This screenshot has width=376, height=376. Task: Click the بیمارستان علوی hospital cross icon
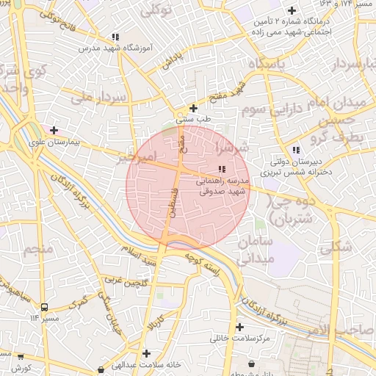point(53,131)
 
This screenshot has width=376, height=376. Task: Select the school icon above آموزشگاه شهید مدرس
point(115,37)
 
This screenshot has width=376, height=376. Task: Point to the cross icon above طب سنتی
point(193,108)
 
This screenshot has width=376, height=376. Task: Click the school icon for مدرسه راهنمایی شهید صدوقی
point(223,170)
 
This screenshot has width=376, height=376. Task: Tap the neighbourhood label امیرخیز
point(137,157)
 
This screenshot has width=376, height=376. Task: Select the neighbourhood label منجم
point(38,250)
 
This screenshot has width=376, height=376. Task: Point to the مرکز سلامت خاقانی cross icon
point(239,327)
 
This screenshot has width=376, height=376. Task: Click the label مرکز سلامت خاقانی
point(240,338)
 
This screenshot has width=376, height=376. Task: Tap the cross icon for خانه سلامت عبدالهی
point(147,354)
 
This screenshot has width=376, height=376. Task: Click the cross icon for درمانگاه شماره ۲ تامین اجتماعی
point(292,10)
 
